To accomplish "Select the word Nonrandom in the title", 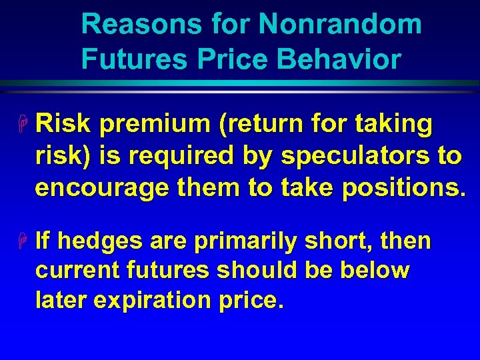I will [x=340, y=25].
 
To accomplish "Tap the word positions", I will [x=401, y=188].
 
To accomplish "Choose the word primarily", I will [x=245, y=241].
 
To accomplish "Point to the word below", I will [x=375, y=271].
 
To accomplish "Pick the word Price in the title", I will [x=233, y=59].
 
